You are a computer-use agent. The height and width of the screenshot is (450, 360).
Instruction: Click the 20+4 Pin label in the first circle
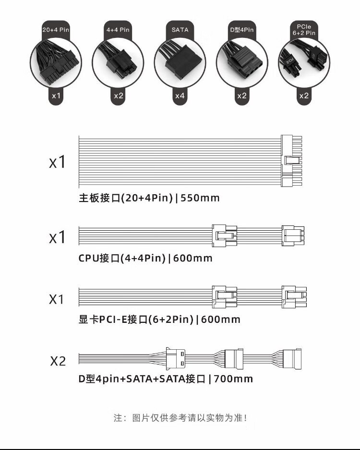coord(56,30)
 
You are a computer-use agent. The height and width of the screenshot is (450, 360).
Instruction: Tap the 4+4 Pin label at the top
coord(118,30)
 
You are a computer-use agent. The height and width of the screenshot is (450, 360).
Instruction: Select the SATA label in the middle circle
coord(180,30)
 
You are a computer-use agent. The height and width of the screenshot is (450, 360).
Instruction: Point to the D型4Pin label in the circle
coord(241,30)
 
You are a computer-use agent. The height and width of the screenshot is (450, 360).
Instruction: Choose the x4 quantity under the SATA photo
coord(180,95)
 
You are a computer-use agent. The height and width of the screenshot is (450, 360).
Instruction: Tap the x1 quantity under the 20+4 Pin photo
coord(56,95)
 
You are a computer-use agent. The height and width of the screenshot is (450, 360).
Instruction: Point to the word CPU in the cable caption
coord(89,258)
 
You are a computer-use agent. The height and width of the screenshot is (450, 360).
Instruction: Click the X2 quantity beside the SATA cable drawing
coord(58,361)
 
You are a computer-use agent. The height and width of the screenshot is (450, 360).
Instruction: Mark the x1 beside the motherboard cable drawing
coord(57,162)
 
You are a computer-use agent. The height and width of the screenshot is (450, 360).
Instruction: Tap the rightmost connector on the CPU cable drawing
coord(293,236)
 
